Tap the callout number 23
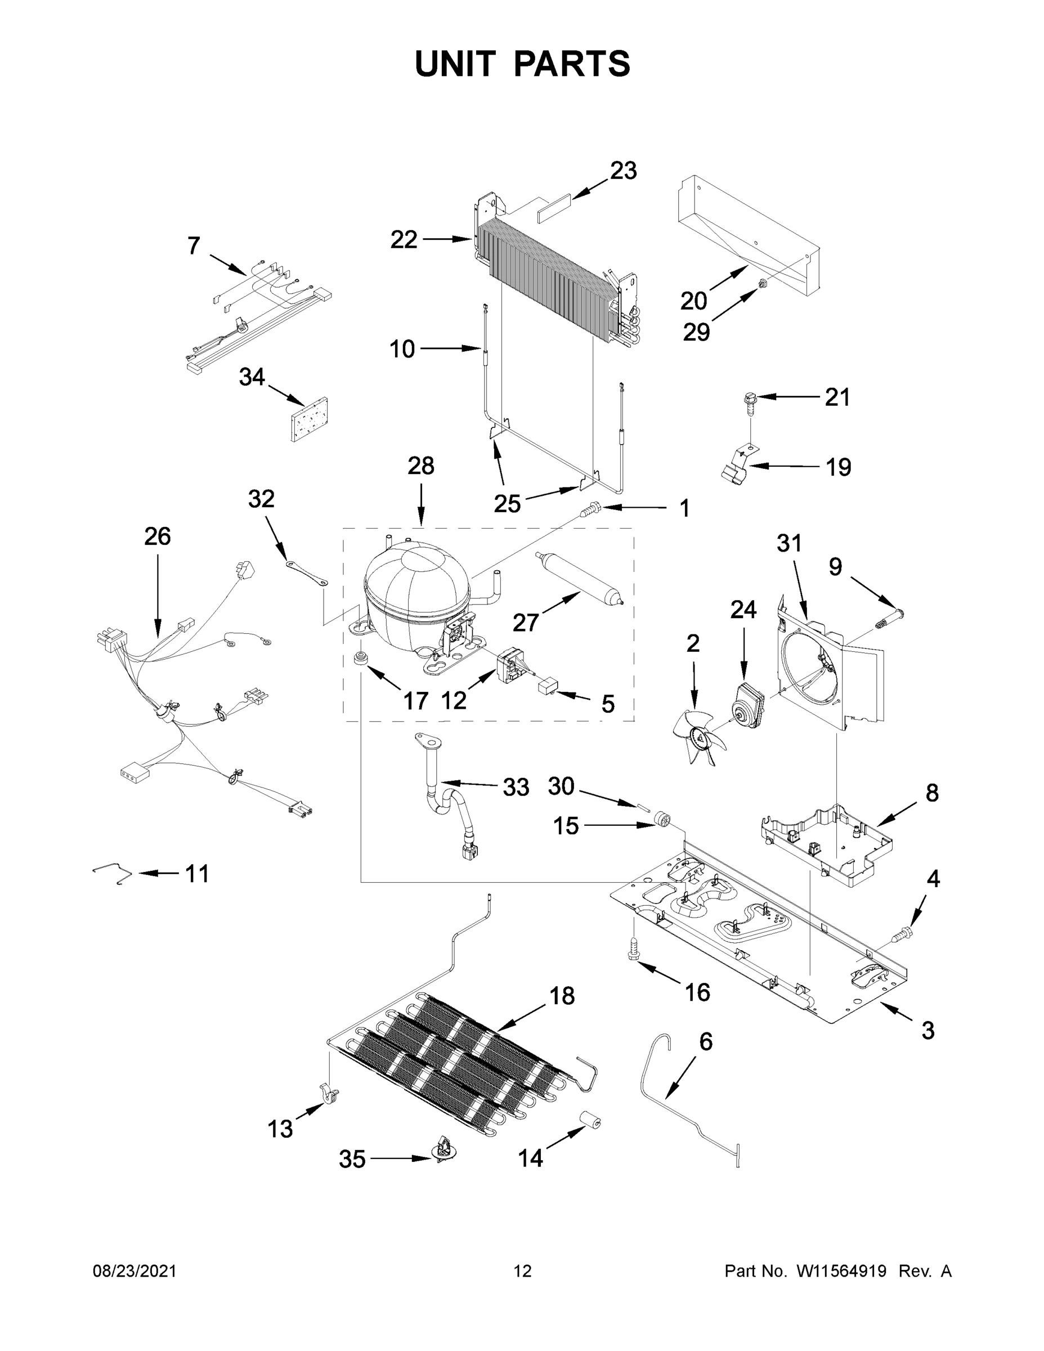point(623,171)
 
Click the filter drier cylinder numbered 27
point(579,576)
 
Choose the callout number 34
point(252,377)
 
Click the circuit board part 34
point(308,419)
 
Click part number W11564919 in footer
point(841,1271)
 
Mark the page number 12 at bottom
point(522,1271)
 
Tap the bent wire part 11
point(112,874)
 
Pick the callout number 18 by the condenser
point(562,996)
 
